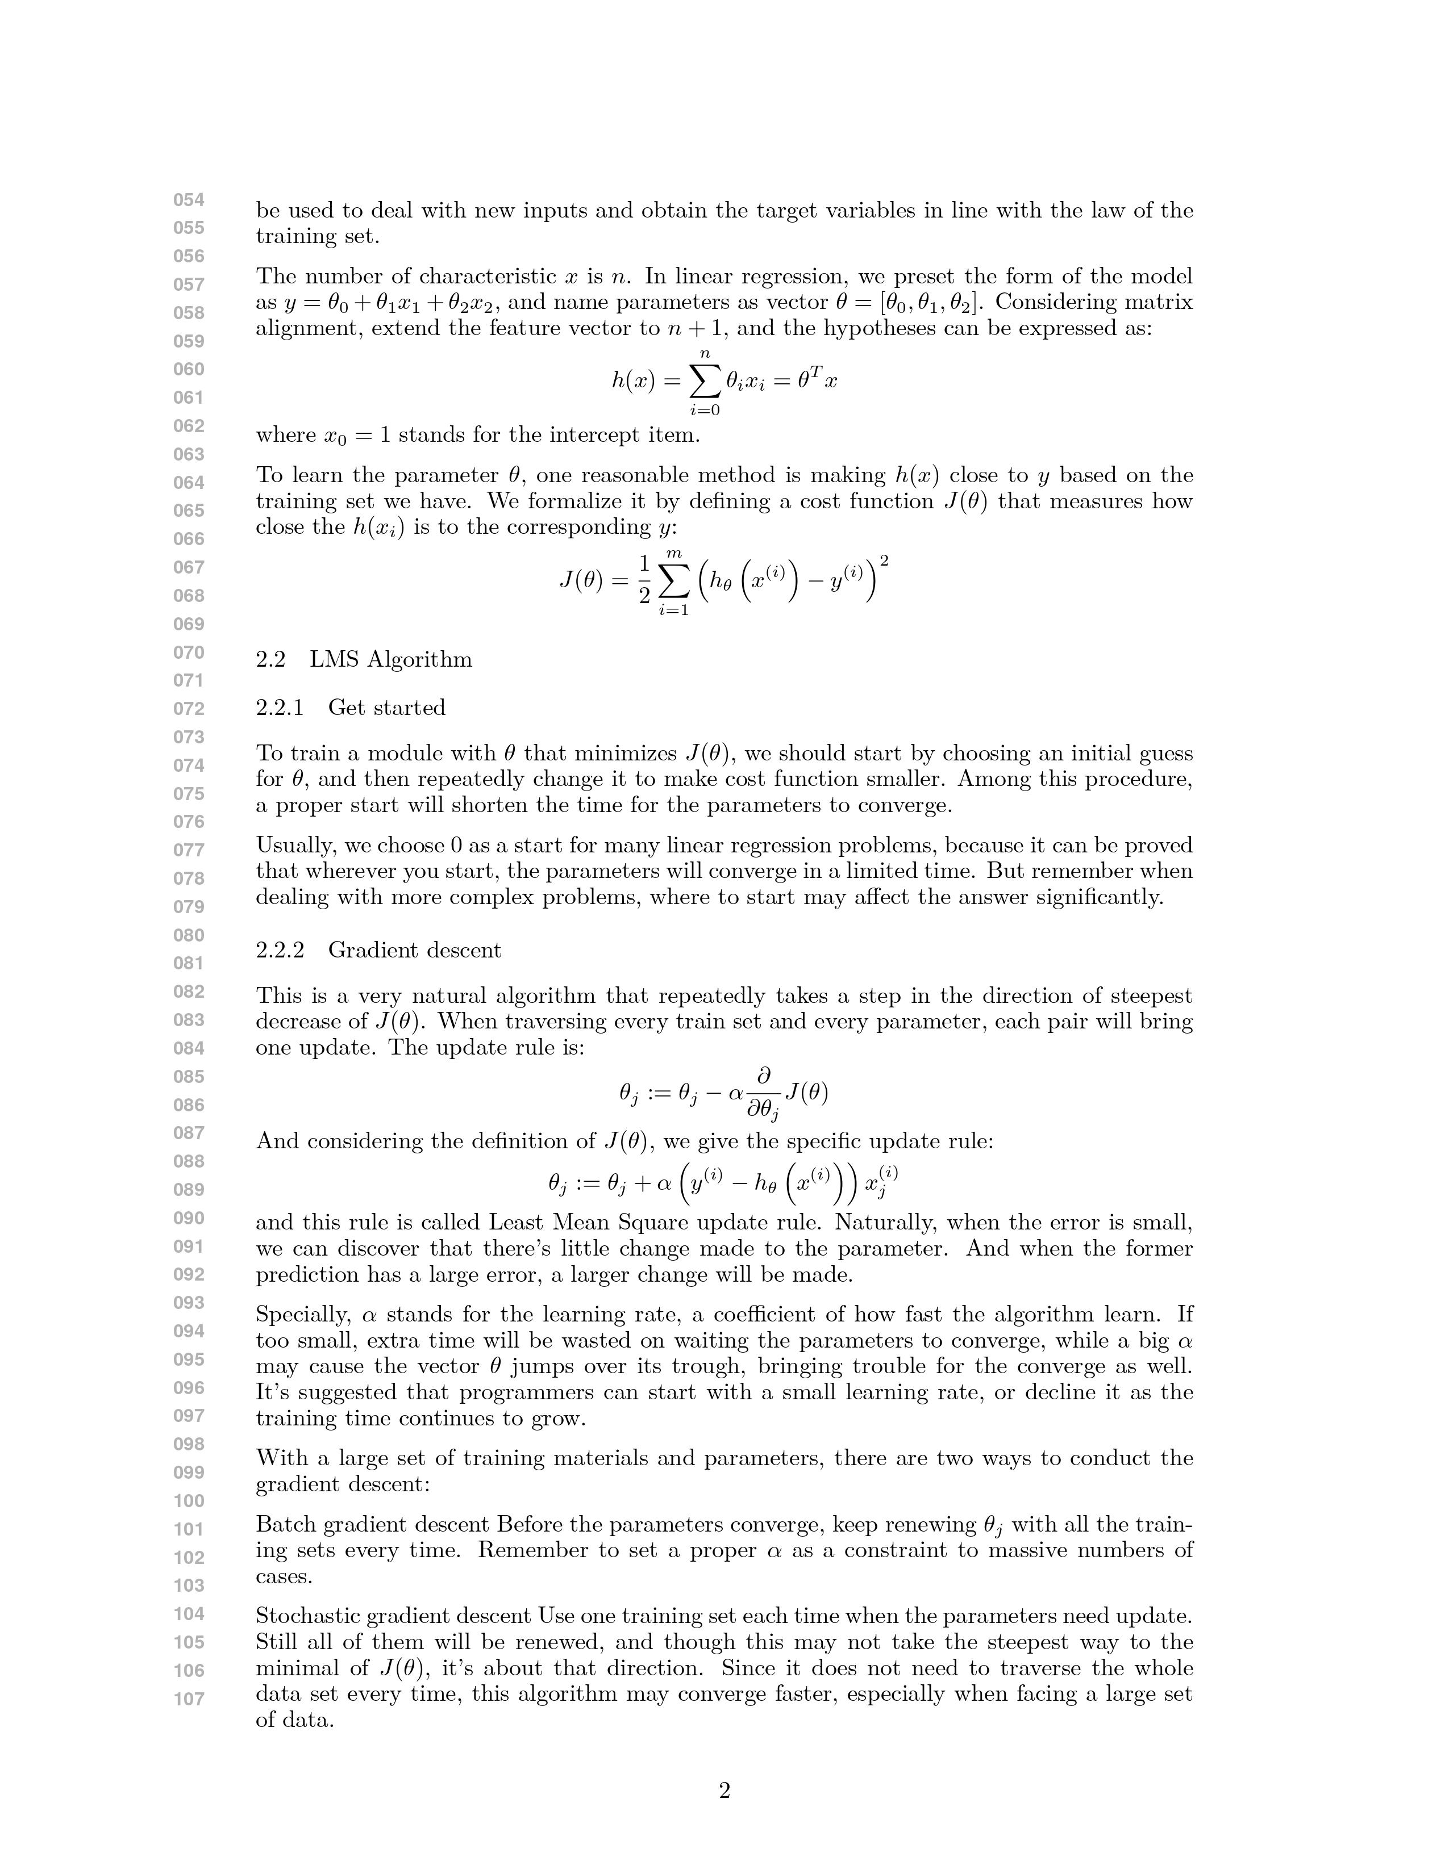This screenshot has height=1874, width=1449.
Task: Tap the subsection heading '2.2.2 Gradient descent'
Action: pos(378,950)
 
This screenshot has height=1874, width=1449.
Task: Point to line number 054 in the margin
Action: pos(189,200)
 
